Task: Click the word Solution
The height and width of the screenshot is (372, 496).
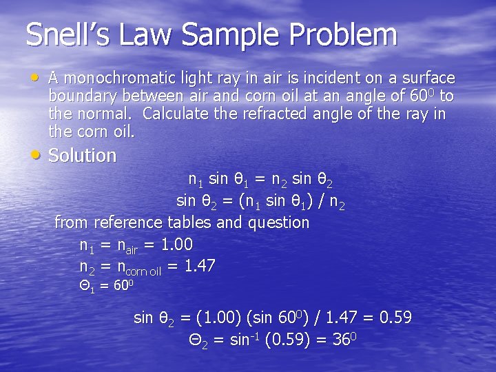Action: (83, 156)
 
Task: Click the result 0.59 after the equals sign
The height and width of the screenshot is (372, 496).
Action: (395, 318)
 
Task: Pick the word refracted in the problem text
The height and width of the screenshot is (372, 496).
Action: (275, 113)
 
